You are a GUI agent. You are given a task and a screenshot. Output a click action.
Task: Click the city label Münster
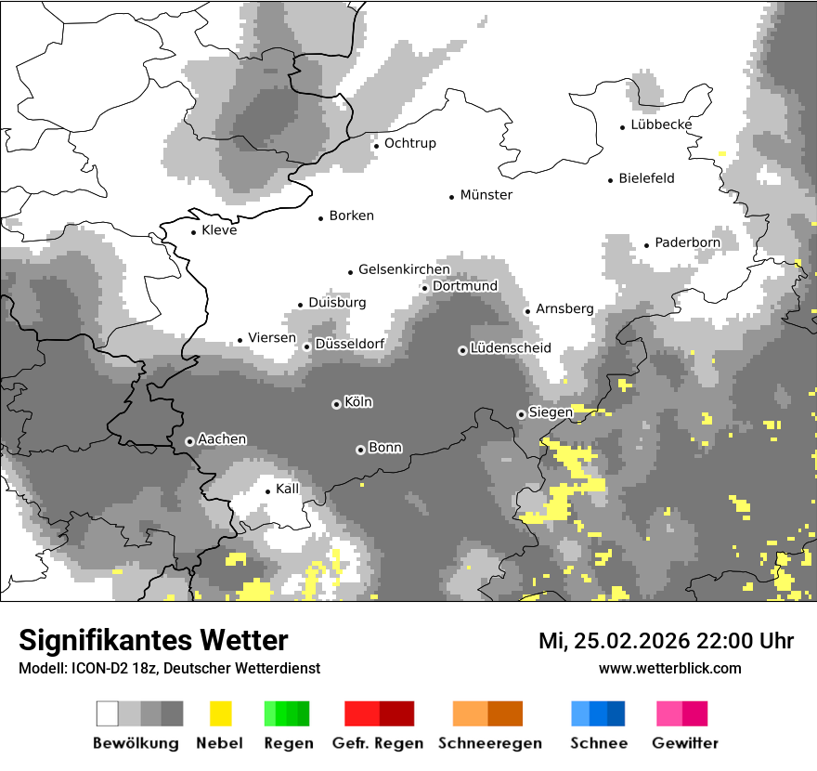coord(486,195)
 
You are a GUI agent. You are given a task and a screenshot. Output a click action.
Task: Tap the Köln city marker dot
coord(336,404)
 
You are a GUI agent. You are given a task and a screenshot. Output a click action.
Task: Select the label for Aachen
coord(222,439)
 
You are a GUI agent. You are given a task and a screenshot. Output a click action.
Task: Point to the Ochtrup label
coord(409,144)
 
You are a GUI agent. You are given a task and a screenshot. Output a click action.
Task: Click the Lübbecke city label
coord(661,125)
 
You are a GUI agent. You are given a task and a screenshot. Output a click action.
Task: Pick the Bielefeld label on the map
coord(646,178)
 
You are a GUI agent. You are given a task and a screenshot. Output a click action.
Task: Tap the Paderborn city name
coord(687,243)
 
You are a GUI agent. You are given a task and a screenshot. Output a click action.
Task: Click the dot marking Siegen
coord(521,414)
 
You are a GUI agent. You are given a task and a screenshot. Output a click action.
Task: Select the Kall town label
coord(288,489)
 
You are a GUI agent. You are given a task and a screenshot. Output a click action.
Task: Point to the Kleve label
coord(219,230)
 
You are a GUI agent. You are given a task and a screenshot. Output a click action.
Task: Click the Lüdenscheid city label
coord(511,348)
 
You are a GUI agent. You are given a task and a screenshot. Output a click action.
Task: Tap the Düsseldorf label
coord(350,345)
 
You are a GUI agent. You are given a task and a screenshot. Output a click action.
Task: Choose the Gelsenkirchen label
coord(404,270)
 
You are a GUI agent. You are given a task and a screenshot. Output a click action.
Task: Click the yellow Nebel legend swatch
coord(220,713)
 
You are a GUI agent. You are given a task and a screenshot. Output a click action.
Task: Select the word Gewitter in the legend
coord(684,743)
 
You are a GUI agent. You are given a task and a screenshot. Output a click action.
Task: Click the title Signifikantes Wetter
coord(153,641)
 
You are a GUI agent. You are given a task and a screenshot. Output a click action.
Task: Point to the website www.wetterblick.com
coord(669,668)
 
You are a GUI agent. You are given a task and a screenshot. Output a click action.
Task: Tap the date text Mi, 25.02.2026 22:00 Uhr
coord(666,641)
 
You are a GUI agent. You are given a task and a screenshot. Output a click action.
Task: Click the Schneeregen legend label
coord(489,743)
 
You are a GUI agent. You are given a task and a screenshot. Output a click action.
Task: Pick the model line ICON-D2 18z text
coord(169,668)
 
